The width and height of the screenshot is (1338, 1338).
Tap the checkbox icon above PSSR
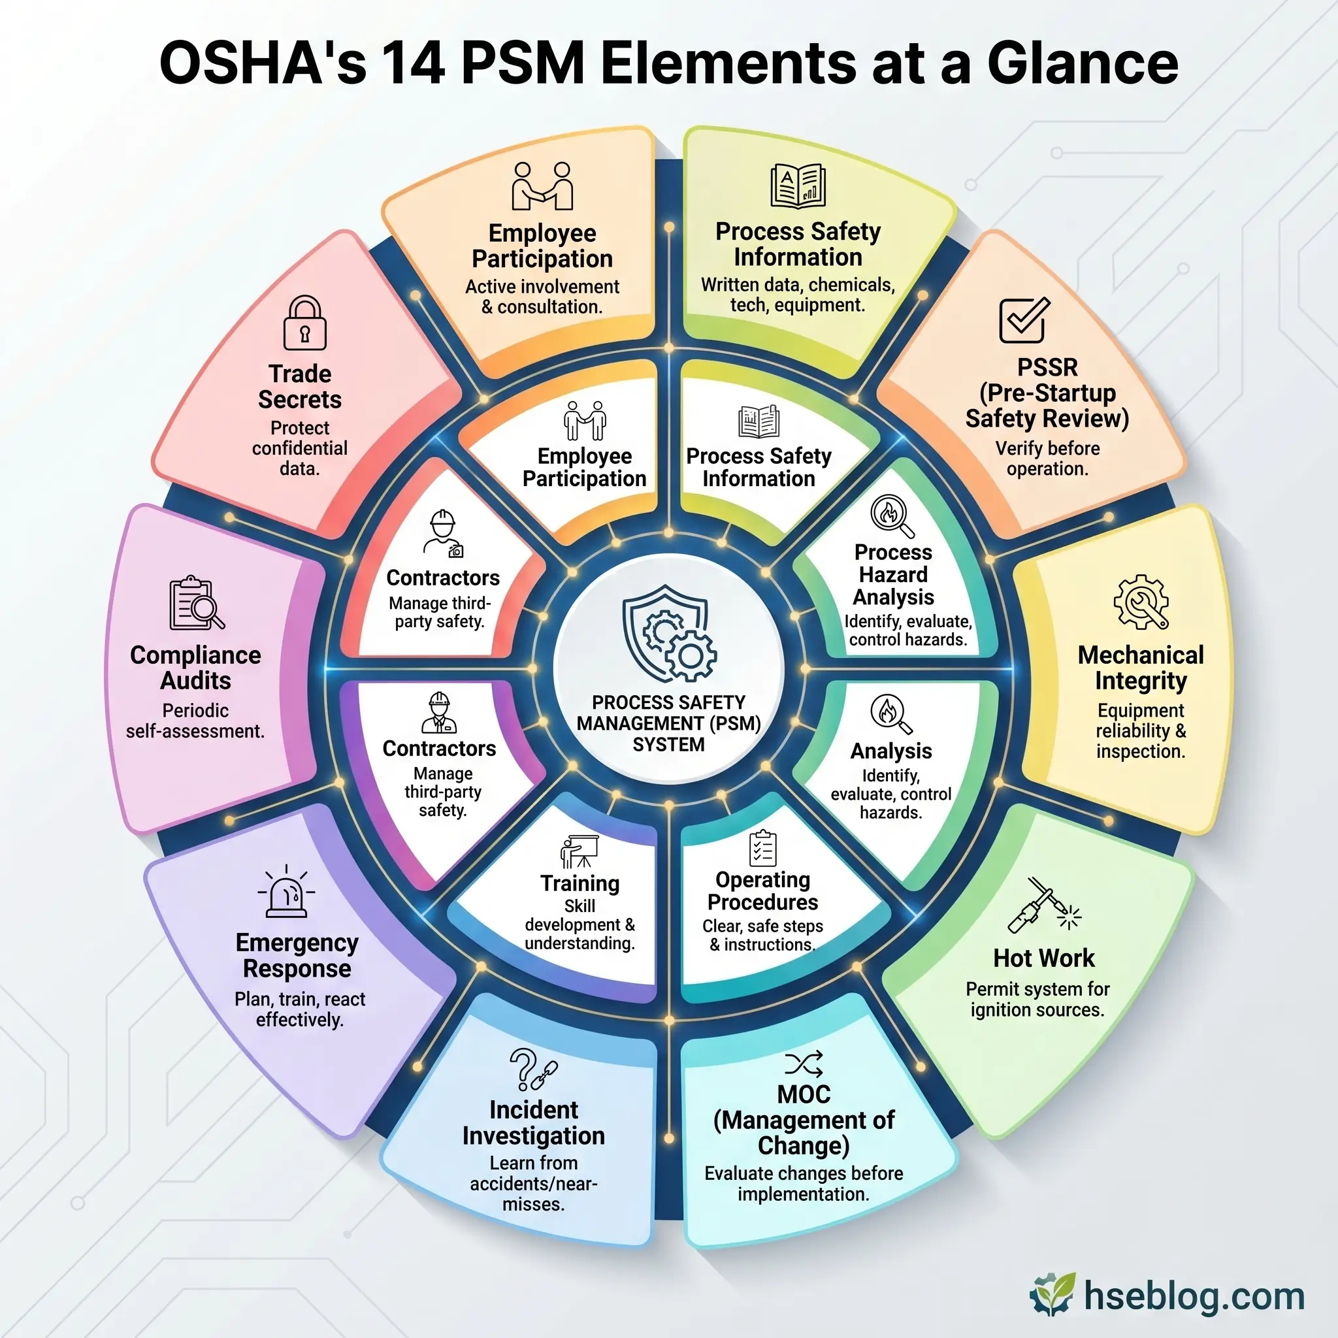(x=1024, y=320)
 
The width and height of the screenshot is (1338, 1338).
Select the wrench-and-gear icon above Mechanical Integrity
(x=1141, y=602)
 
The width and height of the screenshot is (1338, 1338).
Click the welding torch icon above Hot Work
(x=1042, y=905)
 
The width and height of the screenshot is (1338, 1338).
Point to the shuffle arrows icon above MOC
(x=804, y=1064)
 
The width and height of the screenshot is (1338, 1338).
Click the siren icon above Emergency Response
(x=286, y=892)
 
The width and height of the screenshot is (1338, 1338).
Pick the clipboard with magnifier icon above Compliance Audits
(x=196, y=602)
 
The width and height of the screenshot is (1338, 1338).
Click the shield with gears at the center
(x=668, y=634)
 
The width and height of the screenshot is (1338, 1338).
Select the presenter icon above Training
(x=579, y=851)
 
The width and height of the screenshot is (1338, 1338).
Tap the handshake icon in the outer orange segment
(x=542, y=186)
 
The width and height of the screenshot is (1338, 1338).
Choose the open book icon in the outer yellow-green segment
(x=798, y=186)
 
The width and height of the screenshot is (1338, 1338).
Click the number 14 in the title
(x=413, y=64)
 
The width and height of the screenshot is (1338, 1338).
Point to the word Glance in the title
(x=1082, y=64)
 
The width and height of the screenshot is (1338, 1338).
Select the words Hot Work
(x=1043, y=958)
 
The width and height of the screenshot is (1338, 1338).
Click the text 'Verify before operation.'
(x=1047, y=459)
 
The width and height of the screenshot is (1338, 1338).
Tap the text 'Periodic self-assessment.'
(x=195, y=721)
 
